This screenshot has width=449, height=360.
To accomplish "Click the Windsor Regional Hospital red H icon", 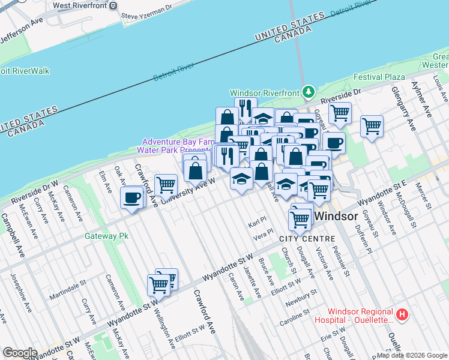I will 403,314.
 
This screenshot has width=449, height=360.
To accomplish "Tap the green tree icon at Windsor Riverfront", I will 308,92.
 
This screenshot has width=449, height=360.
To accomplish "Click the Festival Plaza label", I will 379,77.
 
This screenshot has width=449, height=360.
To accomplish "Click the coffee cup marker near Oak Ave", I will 131,197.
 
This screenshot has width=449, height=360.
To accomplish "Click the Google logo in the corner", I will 20,353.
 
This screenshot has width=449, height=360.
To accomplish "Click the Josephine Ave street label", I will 18,292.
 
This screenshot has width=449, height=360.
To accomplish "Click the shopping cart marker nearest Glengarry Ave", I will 372,126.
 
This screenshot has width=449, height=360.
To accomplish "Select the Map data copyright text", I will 412,355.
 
